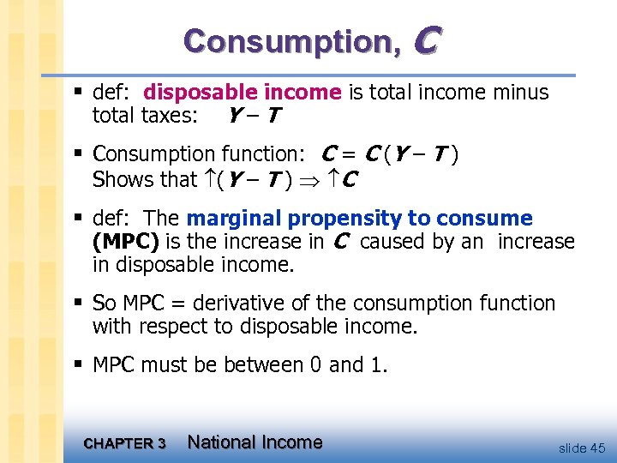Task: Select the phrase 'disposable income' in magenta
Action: [243, 92]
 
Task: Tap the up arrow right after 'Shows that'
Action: [209, 179]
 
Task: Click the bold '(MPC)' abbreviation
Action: [125, 242]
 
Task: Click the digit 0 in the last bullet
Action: [316, 365]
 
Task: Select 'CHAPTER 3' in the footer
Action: [125, 443]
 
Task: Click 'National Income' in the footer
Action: [255, 442]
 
